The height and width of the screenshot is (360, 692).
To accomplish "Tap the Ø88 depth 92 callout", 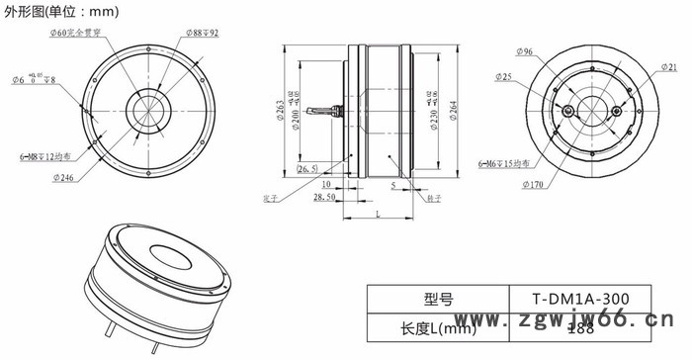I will pos(202,33).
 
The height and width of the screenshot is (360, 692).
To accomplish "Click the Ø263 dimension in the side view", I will pos(284,105).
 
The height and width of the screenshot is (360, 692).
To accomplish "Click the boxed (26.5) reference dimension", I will pos(307,169).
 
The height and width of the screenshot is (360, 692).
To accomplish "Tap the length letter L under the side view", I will pos(377,215).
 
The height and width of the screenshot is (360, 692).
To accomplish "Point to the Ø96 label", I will pos(520,50).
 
